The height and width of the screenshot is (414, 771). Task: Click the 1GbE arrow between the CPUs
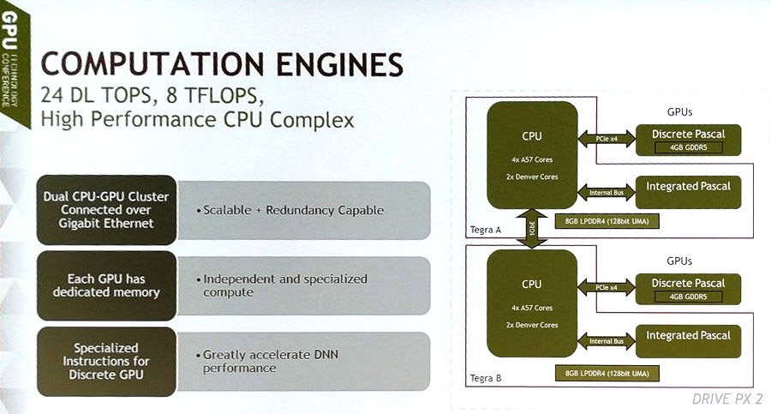(532, 229)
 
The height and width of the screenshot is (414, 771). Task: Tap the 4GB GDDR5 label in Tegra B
(688, 297)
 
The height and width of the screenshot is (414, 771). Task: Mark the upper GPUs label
(679, 111)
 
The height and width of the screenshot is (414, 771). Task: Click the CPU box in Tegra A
(532, 154)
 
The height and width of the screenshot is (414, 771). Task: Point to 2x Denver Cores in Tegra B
(532, 325)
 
